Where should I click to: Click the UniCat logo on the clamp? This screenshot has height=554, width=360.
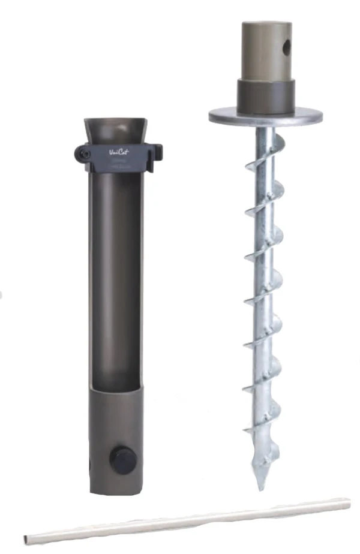pos(119,152)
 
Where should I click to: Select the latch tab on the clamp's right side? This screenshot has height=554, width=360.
pos(158,152)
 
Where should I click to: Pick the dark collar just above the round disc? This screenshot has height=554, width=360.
pos(265,96)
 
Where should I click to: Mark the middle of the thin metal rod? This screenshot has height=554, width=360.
pos(187,520)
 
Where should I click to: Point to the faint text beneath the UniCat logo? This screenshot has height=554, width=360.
pos(119,162)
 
